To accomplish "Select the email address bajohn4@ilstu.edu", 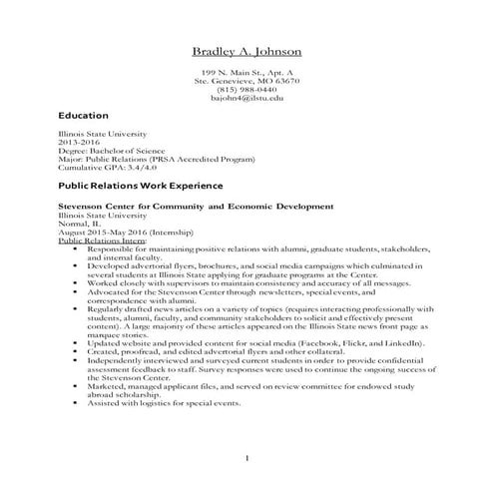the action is pos(247,99).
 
